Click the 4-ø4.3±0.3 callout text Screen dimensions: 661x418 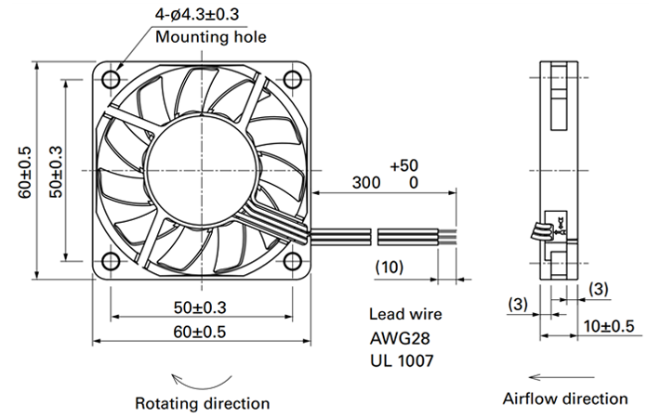[x=197, y=14]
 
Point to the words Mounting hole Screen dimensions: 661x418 [x=211, y=37]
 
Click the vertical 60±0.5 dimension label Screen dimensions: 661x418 [x=25, y=172]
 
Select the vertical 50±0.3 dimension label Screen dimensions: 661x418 [x=56, y=172]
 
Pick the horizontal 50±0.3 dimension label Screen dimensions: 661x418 [x=200, y=307]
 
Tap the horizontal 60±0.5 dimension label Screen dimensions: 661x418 [x=199, y=332]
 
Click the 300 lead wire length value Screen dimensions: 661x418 [x=366, y=183]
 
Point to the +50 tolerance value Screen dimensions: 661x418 [x=403, y=166]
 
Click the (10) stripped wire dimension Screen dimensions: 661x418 [x=390, y=268]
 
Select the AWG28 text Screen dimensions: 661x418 [x=400, y=338]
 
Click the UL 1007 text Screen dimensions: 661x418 [x=402, y=360]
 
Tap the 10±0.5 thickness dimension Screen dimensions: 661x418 [x=609, y=326]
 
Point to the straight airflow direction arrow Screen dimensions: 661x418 [x=562, y=377]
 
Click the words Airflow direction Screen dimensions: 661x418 [x=565, y=398]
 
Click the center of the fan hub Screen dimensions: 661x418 [x=202, y=171]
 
